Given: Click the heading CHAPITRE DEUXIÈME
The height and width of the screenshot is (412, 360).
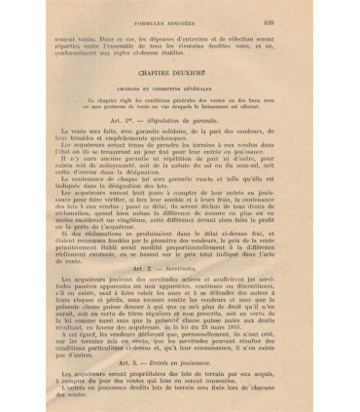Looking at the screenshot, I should point(187,71).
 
